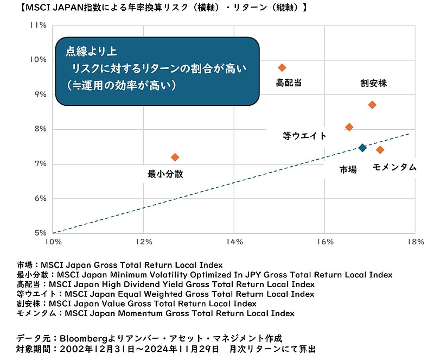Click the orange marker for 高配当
point(282,67)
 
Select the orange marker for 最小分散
point(175,157)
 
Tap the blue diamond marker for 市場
point(362,148)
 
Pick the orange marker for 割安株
point(372,105)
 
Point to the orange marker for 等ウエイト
point(349,127)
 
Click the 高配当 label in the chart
point(289,83)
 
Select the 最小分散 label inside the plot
point(165,174)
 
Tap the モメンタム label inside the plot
point(394,168)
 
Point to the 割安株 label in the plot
point(374,84)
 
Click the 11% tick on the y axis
point(39,25)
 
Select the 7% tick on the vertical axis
point(41,163)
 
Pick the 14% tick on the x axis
point(234,242)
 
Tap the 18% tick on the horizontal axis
point(415,242)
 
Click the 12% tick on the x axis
point(143,242)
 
